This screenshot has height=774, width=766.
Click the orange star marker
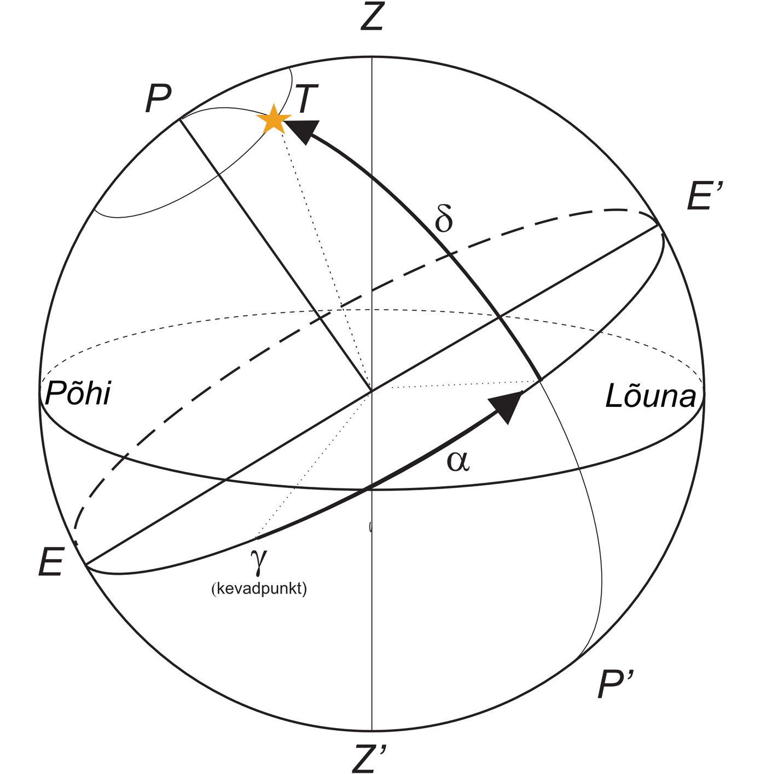(273, 120)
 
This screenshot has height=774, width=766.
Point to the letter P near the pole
(158, 100)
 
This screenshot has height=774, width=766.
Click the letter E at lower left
(51, 562)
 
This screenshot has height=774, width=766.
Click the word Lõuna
(651, 396)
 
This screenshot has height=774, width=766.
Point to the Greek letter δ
(444, 220)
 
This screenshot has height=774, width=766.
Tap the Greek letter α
(458, 461)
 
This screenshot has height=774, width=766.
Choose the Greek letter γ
(258, 559)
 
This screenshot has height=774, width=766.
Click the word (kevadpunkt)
(259, 589)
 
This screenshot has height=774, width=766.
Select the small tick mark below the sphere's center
(371, 527)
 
